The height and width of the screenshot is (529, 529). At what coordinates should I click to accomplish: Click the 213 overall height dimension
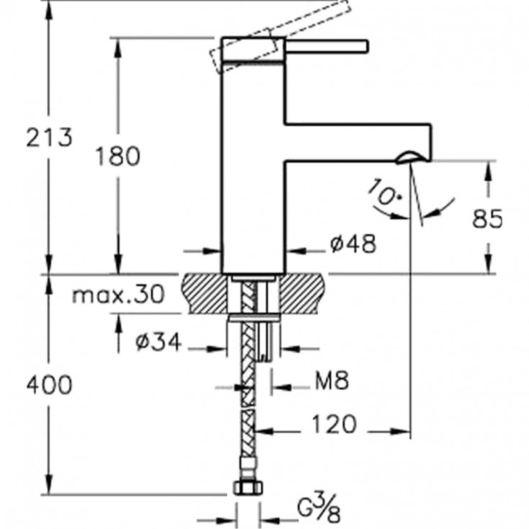50,136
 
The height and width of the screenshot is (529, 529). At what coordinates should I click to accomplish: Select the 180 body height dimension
117,155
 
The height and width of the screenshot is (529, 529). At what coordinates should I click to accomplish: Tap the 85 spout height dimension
487,218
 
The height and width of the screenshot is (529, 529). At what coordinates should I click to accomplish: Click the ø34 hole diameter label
159,343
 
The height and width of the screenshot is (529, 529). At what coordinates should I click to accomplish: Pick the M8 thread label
331,381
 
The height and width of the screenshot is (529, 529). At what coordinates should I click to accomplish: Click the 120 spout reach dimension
333,424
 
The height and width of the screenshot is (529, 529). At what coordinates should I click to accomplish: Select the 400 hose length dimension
49,385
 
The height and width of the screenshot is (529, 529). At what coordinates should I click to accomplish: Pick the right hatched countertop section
303,292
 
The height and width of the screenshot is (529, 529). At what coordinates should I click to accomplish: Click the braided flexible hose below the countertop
247,404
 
